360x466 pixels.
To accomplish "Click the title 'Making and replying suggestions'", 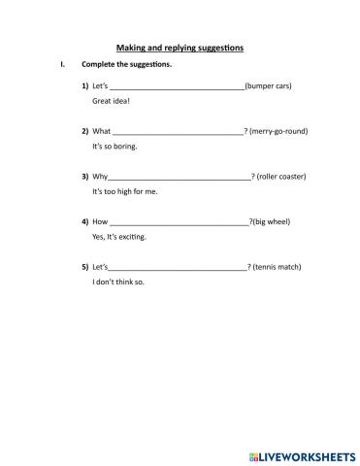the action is tap(180, 47).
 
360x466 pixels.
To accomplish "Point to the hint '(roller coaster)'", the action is tap(281, 177).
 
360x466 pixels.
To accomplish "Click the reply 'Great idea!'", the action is tap(111, 101).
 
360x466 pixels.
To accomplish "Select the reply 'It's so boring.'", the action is tap(115, 146).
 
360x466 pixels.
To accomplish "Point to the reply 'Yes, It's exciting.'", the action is tap(121, 237).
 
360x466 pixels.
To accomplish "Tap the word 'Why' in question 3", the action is tap(100, 177).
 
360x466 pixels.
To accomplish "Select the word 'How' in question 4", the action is tap(101, 222).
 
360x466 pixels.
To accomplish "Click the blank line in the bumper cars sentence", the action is tap(179, 88).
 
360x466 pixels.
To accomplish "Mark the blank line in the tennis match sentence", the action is tap(178, 269).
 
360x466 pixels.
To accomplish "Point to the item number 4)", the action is tap(85, 222).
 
